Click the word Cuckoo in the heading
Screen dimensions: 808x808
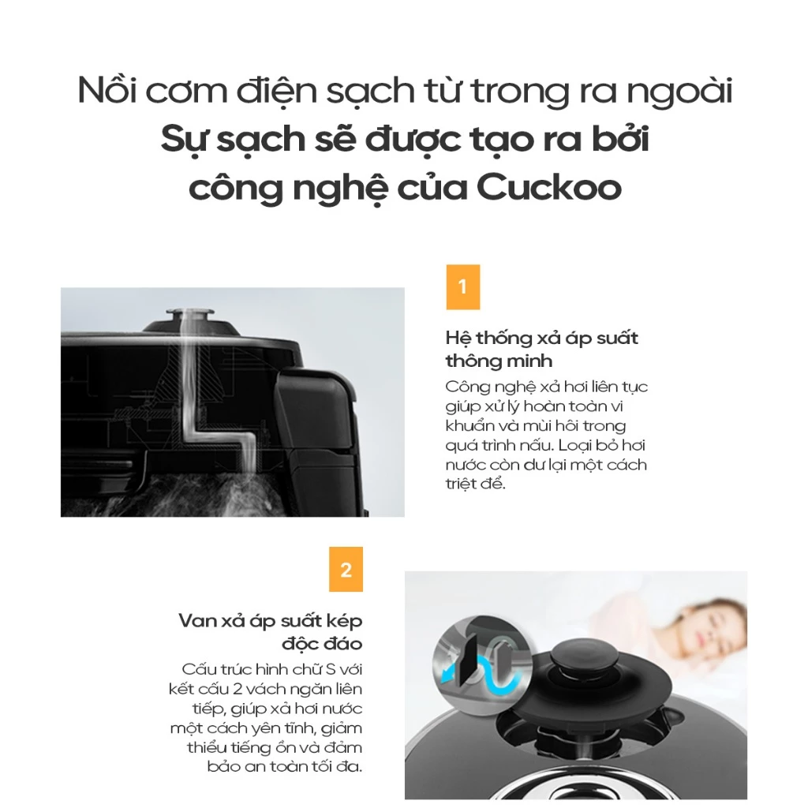549,188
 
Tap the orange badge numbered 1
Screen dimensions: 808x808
462,287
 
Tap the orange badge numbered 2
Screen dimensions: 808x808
346,570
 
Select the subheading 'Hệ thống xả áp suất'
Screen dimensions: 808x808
541,338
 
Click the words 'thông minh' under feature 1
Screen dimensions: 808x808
499,361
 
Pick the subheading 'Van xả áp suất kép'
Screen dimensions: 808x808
271,621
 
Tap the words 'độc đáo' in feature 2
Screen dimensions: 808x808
322,644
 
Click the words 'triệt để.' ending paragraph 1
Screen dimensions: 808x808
475,484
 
